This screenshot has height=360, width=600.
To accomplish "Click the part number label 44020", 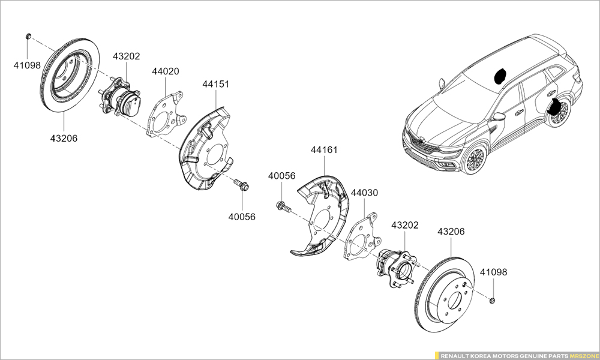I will pyautogui.click(x=165, y=71).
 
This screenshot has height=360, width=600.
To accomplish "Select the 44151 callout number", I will pyautogui.click(x=215, y=85).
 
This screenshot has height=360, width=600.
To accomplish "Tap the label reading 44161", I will pyautogui.click(x=324, y=149).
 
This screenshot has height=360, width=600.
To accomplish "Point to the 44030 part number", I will pyautogui.click(x=364, y=193).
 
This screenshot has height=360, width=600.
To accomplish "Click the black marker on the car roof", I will pyautogui.click(x=499, y=76).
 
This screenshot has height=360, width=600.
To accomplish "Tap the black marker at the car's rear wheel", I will pyautogui.click(x=559, y=107).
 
